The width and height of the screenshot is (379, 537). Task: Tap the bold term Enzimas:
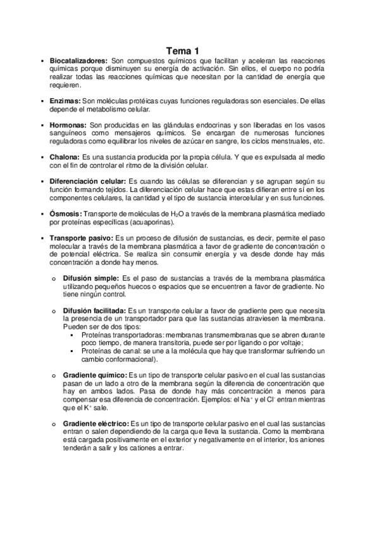[x=65, y=101]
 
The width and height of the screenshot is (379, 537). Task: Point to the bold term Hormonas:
[x=68, y=126]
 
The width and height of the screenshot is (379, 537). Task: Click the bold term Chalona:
[x=66, y=156]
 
